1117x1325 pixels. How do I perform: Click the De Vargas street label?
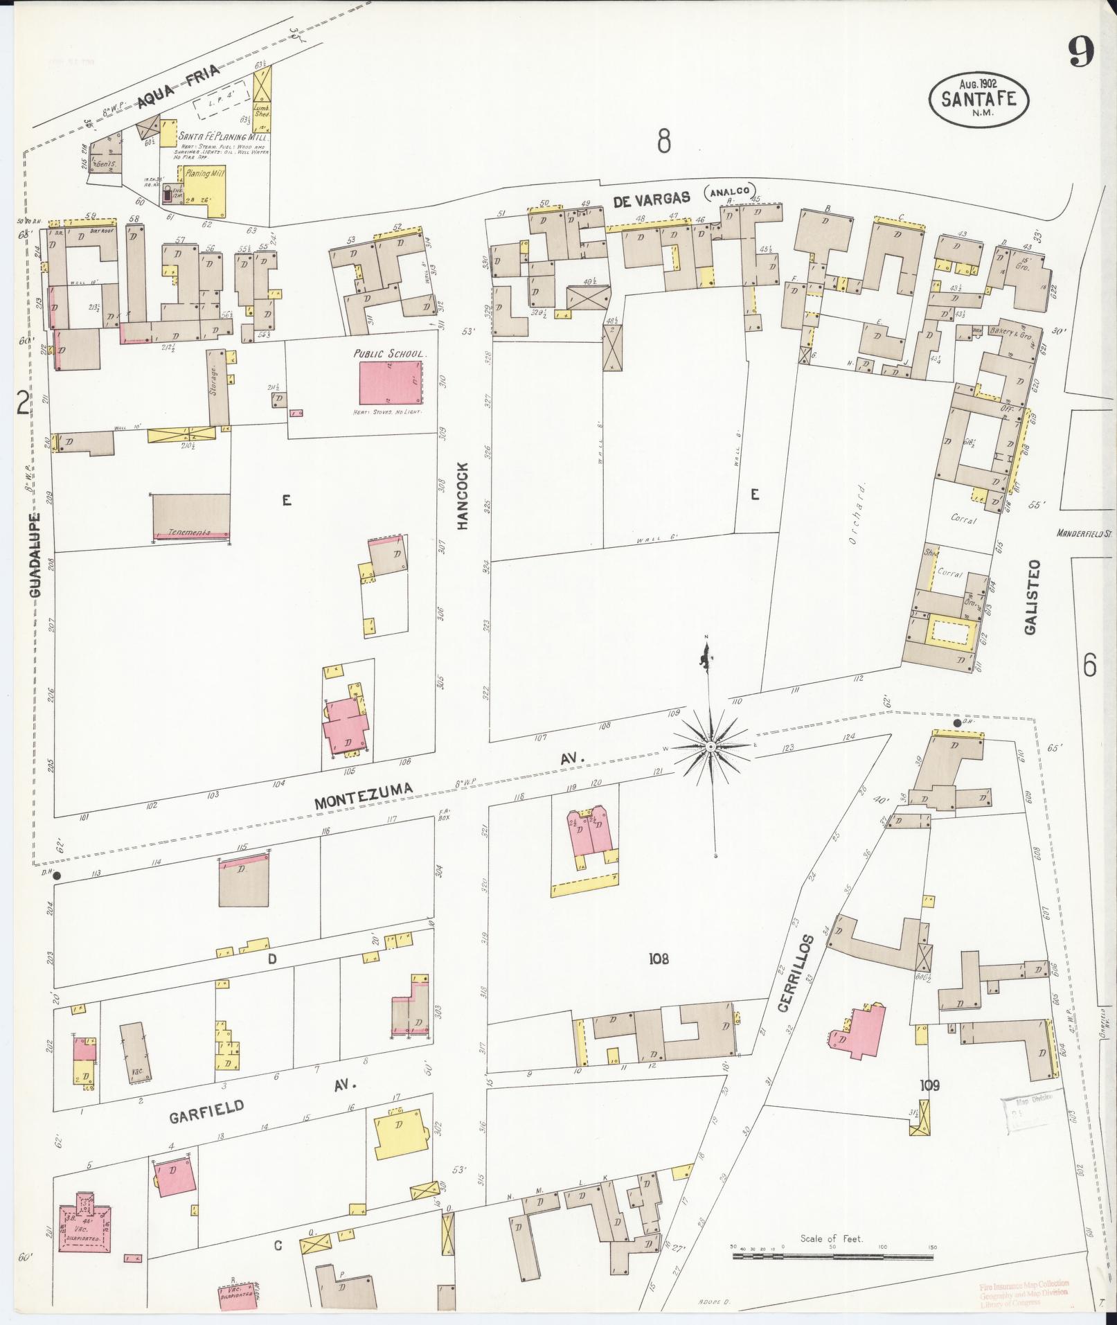(x=652, y=198)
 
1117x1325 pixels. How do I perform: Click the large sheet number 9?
(x=1080, y=51)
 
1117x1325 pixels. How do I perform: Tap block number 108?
(x=659, y=959)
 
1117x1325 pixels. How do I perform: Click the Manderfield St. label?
(x=1084, y=533)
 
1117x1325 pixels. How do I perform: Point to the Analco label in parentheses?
(x=730, y=192)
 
